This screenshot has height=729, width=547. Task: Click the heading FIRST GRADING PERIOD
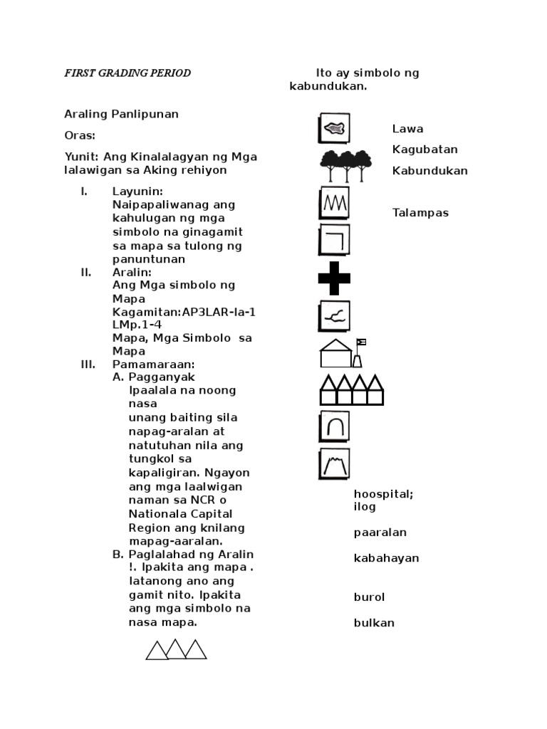coord(127,73)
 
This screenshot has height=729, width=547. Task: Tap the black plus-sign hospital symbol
coord(334,278)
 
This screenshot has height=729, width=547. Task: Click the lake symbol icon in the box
coord(334,129)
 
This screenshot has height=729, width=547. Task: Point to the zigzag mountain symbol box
coord(334,202)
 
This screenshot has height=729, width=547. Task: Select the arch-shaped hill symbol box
coord(334,426)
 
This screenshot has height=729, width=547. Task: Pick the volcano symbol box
coord(334,464)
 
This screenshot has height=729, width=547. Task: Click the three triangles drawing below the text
coord(177,649)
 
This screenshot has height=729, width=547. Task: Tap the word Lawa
coord(407,129)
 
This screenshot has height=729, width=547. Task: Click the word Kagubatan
coord(424,150)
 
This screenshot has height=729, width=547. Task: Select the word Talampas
coord(420,213)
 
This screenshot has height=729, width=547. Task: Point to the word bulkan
coord(374,623)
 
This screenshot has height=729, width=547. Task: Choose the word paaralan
coord(380,533)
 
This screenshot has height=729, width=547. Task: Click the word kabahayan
coord(386,558)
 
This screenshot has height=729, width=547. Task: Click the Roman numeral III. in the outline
coord(88,364)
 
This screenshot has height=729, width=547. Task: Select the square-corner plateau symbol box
coord(334,239)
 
